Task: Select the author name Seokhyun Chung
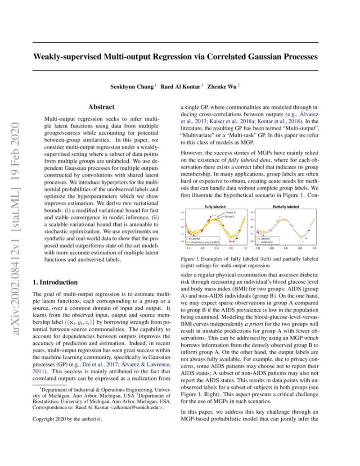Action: pyautogui.click(x=131, y=86)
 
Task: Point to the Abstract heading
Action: pyautogui.click(x=101, y=107)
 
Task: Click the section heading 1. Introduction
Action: pyautogui.click(x=55, y=282)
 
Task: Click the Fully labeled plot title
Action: pyautogui.click(x=215, y=206)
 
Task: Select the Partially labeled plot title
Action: pyautogui.click(x=285, y=206)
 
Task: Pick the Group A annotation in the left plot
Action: pyautogui.click(x=231, y=212)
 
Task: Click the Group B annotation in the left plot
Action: pyautogui.click(x=231, y=216)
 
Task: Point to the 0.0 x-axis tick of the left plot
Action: pyautogui.click(x=216, y=248)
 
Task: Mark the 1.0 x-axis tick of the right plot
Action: pyautogui.click(x=314, y=248)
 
